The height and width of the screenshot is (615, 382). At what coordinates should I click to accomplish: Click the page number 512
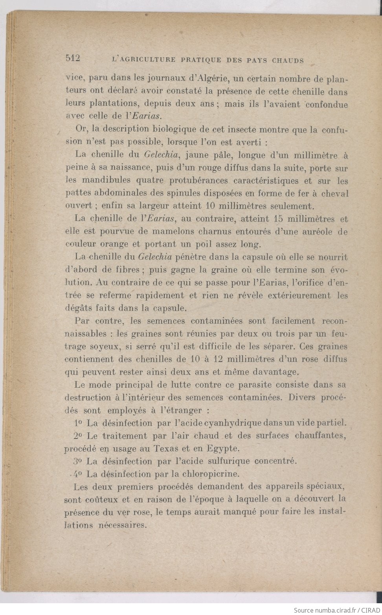pyautogui.click(x=73, y=59)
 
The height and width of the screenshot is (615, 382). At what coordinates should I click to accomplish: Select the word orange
pyautogui.click(x=117, y=244)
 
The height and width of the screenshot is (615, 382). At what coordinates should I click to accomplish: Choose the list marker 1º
pyautogui.click(x=77, y=423)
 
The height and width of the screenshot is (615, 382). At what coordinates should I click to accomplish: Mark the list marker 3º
pyautogui.click(x=77, y=461)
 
